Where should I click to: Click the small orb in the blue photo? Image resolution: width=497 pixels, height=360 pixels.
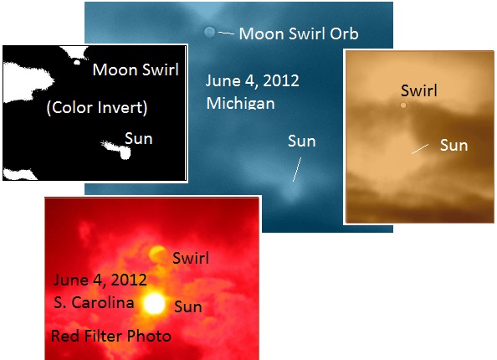(x=209, y=32)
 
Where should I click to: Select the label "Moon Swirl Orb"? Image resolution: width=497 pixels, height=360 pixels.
(x=299, y=33)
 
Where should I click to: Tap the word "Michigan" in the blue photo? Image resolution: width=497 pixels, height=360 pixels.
(x=241, y=104)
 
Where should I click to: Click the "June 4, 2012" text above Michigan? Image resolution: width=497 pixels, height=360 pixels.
(x=253, y=81)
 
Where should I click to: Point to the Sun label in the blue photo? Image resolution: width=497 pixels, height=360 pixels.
(x=302, y=141)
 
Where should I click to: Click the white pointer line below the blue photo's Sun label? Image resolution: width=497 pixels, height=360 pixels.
(x=297, y=169)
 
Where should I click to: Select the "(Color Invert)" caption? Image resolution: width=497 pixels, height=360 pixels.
(x=97, y=108)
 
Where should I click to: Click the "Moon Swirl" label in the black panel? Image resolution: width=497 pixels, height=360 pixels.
(x=136, y=69)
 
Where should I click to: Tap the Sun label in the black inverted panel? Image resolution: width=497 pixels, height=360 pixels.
(x=139, y=139)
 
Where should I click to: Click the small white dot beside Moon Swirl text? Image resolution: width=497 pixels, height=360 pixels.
(x=77, y=63)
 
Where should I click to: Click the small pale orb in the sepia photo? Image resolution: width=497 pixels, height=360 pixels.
(x=403, y=105)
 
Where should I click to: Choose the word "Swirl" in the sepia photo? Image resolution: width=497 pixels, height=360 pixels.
(x=419, y=90)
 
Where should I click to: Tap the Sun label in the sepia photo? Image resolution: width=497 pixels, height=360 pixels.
(x=453, y=146)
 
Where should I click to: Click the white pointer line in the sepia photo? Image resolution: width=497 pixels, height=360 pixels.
(x=420, y=149)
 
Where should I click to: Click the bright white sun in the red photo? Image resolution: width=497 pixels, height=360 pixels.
(x=154, y=304)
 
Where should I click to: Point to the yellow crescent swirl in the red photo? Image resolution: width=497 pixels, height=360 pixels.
(x=156, y=254)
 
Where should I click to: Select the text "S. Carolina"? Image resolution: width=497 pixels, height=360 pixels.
(x=94, y=302)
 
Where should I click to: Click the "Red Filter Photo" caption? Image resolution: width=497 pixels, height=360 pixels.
(x=111, y=336)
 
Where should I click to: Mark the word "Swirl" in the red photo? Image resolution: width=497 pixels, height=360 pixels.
(x=191, y=258)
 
